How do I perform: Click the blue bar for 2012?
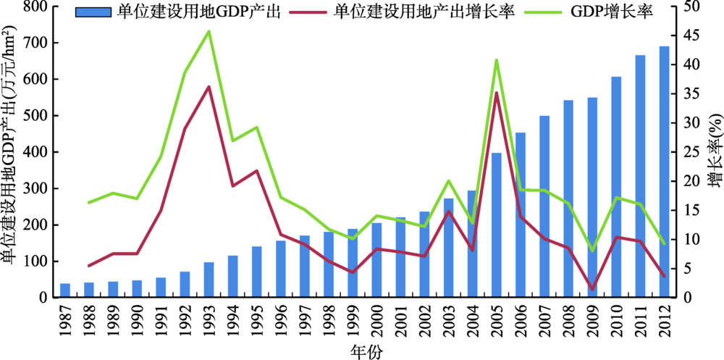pyautogui.click(x=664, y=172)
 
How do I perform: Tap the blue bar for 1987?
pyautogui.click(x=65, y=290)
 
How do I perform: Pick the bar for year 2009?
pyautogui.click(x=592, y=198)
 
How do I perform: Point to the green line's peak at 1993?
pyautogui.click(x=209, y=31)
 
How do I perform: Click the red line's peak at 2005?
pyautogui.click(x=497, y=93)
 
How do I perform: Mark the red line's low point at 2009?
pyautogui.click(x=592, y=289)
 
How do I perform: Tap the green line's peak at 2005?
pyautogui.click(x=497, y=60)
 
